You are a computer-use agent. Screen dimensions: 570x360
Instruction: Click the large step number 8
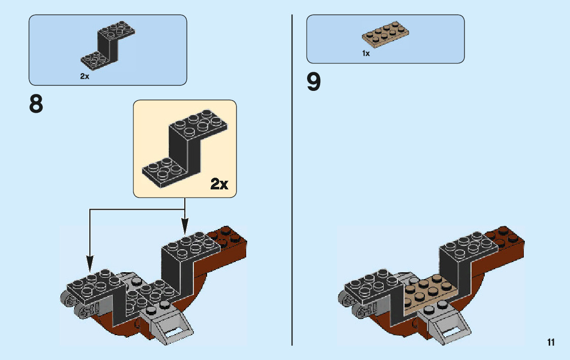coord(36,104)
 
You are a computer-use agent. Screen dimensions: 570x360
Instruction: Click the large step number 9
coord(314,81)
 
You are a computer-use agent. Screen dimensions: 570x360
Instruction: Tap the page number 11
coord(551,342)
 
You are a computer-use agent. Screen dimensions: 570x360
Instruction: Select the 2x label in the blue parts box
coord(85,76)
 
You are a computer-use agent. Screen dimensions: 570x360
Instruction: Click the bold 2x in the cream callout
coord(219,184)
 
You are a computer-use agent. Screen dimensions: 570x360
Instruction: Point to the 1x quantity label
coord(366,53)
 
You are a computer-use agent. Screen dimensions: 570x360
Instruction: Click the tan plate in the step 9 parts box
coord(385,34)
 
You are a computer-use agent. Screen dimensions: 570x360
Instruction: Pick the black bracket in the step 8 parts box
coord(108,44)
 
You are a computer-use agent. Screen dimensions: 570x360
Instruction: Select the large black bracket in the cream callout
coord(185,148)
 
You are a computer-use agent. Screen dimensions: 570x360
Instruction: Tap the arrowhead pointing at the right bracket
coord(185,226)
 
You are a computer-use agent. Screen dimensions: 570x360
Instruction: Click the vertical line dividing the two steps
coord(292,180)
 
